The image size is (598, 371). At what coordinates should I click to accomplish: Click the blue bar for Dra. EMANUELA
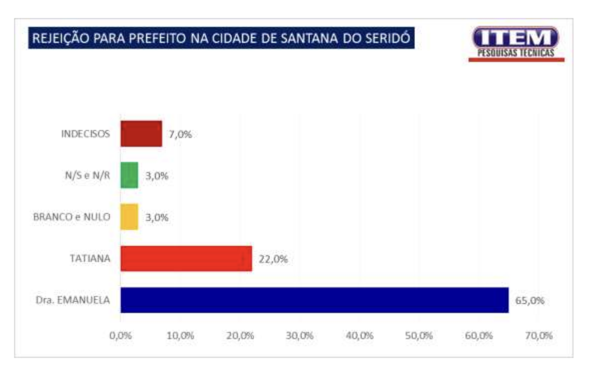click(x=314, y=300)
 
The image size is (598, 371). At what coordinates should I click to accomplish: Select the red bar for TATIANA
click(x=186, y=259)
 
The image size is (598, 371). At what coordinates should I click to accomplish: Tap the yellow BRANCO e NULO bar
click(x=129, y=217)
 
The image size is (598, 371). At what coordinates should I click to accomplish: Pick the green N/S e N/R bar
click(x=129, y=176)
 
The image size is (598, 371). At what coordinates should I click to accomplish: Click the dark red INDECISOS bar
click(x=141, y=134)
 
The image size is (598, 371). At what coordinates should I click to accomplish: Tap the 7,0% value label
click(x=180, y=134)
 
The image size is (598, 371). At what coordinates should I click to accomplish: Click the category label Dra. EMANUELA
click(x=73, y=300)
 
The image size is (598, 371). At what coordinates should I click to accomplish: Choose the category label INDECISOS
click(x=85, y=134)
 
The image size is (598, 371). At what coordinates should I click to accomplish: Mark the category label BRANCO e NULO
click(x=71, y=217)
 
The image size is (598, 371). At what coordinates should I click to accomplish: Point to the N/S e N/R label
click(x=83, y=176)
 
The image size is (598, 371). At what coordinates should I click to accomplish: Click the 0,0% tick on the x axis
click(x=120, y=336)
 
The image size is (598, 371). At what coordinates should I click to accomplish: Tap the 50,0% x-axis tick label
click(x=419, y=336)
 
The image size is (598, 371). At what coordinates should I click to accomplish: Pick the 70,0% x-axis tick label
click(x=539, y=336)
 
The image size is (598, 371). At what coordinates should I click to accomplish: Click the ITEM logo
click(x=516, y=44)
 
